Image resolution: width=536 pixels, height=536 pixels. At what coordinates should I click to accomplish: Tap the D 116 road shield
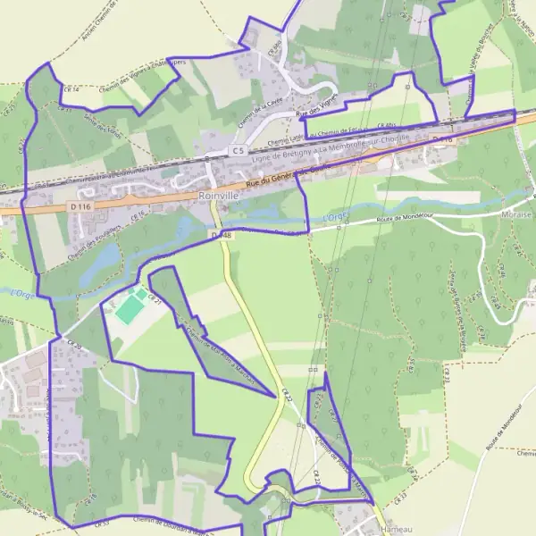click(x=79, y=206)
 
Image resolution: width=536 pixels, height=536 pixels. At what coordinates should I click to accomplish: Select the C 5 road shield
click(x=237, y=151)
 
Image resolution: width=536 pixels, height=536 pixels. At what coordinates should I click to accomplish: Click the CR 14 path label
click(x=71, y=90)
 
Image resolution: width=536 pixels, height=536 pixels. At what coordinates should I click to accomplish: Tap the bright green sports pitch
click(x=130, y=309)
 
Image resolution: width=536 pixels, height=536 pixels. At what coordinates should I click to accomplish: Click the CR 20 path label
click(x=72, y=347)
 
